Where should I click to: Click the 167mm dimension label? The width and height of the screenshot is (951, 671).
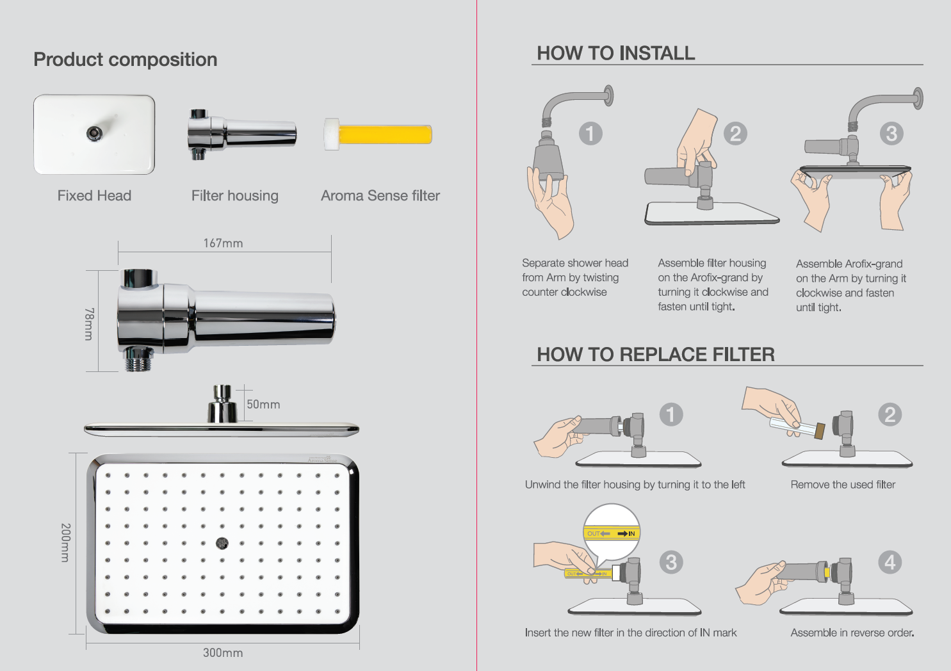click(223, 243)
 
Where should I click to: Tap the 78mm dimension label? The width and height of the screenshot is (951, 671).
click(89, 324)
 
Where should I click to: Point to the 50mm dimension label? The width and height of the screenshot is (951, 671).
click(263, 404)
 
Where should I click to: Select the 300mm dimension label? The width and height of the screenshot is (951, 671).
click(223, 652)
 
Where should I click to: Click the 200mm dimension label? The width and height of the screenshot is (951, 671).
click(65, 542)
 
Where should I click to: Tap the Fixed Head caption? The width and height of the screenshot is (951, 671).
click(94, 195)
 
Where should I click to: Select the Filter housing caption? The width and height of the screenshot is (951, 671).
click(235, 196)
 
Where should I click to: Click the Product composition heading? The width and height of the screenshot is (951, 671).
click(126, 60)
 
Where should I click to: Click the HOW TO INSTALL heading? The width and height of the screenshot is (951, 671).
click(615, 53)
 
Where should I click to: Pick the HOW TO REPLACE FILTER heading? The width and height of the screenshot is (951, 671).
click(656, 354)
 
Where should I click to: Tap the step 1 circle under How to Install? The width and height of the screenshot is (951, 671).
click(590, 133)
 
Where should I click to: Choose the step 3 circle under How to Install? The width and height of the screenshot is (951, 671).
click(891, 133)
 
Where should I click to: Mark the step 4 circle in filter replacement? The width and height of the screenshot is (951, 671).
click(890, 562)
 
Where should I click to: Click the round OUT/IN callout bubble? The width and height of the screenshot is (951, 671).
click(612, 532)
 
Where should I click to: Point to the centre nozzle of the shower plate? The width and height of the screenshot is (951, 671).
click(222, 543)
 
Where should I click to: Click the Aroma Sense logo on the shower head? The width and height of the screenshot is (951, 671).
click(322, 459)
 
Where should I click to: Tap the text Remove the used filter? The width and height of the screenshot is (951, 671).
click(843, 484)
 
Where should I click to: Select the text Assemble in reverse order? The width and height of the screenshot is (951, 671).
click(852, 633)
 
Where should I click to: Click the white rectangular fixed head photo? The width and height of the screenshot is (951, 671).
click(94, 134)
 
